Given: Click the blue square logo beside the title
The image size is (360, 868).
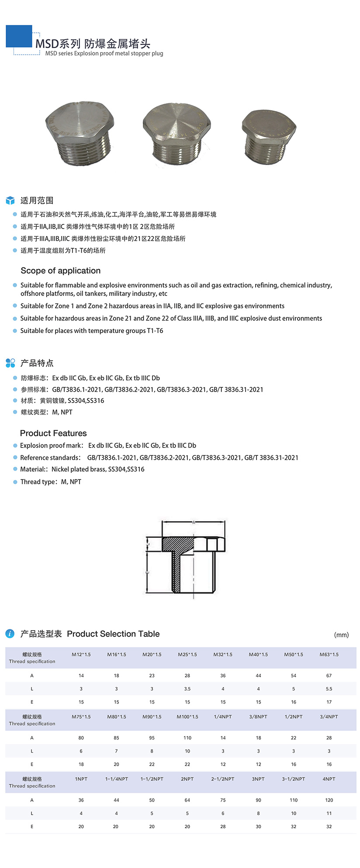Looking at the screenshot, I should coord(19,36).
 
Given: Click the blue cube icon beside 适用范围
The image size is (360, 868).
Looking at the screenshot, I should coord(10,201).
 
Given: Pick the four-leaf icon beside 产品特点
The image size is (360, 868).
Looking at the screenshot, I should coord(10,363).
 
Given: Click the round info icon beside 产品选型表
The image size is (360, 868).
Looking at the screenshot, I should coord(10,634).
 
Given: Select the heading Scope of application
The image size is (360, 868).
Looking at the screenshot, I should coord(60,271).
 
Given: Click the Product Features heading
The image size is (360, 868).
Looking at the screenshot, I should coord(53,433).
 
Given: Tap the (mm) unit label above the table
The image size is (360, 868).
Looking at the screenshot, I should coord(341,635).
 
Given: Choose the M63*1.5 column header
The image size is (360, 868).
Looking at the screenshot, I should coord(329,654).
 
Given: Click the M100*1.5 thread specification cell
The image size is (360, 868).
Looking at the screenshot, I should coord(187,717).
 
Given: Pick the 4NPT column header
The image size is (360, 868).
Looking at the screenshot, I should coord(329,779).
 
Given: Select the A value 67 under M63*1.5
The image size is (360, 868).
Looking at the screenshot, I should coord(329,676).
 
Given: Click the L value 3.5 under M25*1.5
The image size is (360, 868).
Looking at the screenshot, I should coord(187,689).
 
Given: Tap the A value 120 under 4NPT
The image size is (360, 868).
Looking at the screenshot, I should coord(329,800).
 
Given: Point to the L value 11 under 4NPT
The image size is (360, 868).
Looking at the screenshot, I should coord(329,813).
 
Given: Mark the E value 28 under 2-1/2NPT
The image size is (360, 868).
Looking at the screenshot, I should coord(223,826).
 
